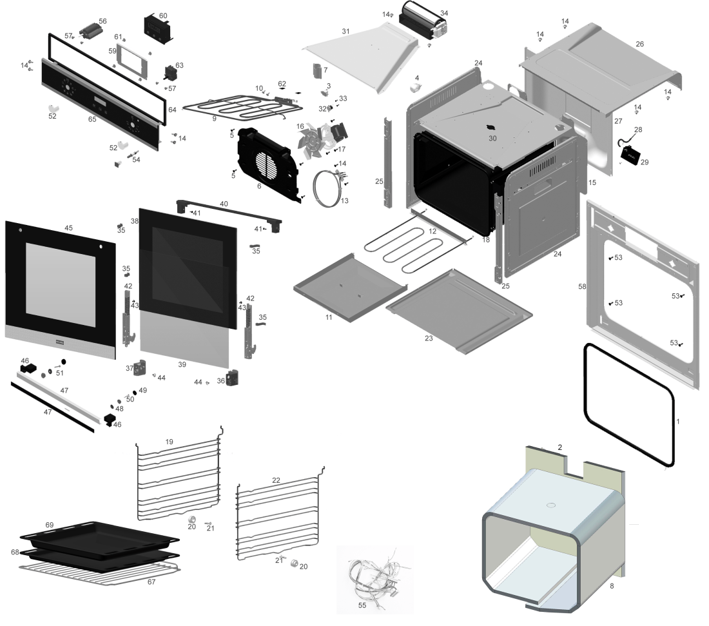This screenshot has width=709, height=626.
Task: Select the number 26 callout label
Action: point(639,44)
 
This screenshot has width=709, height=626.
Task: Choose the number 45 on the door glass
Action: point(68,228)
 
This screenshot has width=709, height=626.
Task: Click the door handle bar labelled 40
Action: point(229,213)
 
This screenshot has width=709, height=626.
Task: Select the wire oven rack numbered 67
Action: point(99,574)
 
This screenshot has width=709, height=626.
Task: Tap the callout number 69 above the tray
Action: point(49,525)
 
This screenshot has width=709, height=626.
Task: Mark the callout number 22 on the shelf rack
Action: point(277,480)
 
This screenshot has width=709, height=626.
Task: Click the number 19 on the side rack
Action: point(169,442)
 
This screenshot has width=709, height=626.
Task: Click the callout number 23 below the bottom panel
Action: point(429,338)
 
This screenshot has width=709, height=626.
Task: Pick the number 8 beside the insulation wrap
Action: point(612,586)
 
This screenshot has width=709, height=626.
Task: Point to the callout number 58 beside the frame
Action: point(582,286)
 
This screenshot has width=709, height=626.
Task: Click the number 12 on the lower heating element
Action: point(432,231)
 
